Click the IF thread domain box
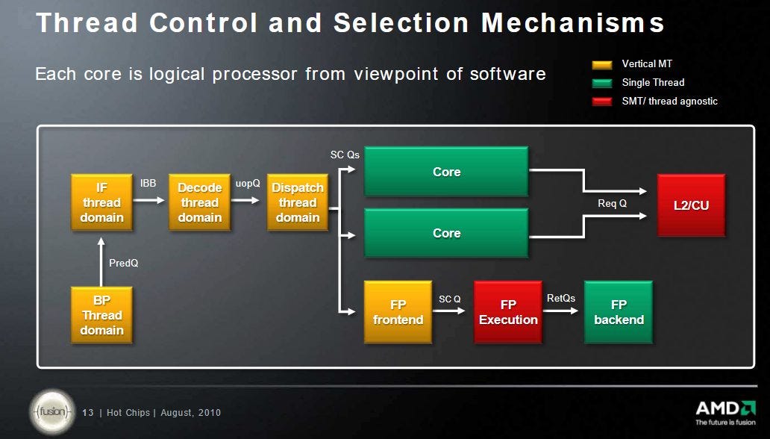[102, 202]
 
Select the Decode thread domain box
[199, 202]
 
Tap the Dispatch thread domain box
[298, 202]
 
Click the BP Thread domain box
[102, 315]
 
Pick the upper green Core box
[446, 172]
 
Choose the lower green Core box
[446, 233]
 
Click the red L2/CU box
[691, 205]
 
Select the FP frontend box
[397, 312]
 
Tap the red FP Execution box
[508, 312]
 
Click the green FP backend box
[619, 312]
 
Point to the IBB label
[148, 183]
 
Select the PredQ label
[124, 264]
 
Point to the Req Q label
[612, 204]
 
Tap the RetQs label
[561, 298]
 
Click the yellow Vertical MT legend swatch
[602, 65]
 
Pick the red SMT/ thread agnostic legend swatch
[602, 102]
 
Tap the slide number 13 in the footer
[87, 413]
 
